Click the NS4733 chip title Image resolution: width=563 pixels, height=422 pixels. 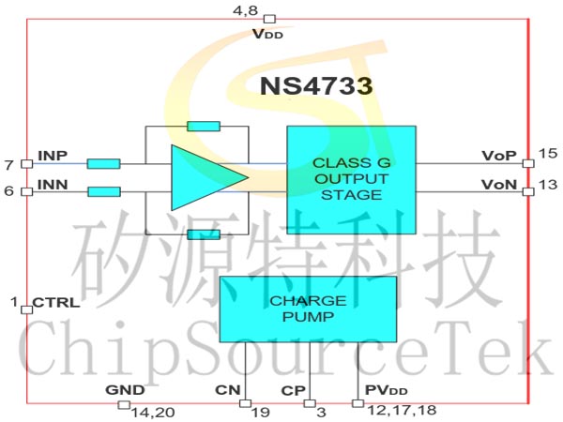point(316,86)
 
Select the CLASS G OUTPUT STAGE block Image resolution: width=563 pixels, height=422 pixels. point(352,180)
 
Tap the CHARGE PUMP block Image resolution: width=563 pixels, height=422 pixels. point(308,309)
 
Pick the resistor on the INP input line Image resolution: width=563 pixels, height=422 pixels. point(104,164)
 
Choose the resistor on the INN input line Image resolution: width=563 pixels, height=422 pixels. point(104,191)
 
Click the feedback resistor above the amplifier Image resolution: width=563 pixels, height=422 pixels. point(204,127)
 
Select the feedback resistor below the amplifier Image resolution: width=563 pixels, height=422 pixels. point(204,234)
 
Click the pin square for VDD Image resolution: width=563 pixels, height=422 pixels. point(269,19)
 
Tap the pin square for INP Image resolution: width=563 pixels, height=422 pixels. point(27,163)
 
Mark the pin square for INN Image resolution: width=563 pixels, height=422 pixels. point(27,191)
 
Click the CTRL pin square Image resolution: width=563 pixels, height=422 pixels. point(27,309)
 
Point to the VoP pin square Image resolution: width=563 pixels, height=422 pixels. point(528,163)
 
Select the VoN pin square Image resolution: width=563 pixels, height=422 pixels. point(528,191)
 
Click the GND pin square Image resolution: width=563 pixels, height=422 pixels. point(124,405)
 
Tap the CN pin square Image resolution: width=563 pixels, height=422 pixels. point(245,403)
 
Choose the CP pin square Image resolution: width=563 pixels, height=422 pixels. point(310,403)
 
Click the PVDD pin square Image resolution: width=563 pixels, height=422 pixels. point(358,403)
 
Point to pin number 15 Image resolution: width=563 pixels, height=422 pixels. point(548,153)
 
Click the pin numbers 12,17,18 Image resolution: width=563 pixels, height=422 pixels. point(403,410)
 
